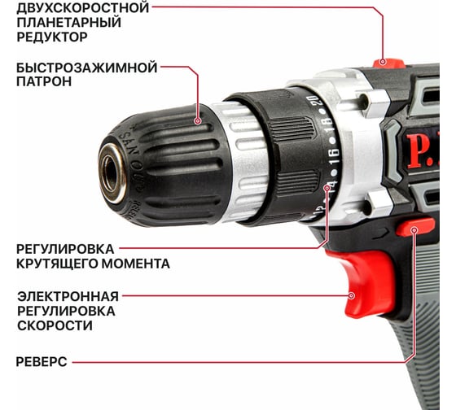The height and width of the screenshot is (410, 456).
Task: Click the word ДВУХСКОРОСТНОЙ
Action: coord(83,7)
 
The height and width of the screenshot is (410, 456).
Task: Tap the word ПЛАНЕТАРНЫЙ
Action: coord(68,23)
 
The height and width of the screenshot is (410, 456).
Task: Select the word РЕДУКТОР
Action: coord(52,37)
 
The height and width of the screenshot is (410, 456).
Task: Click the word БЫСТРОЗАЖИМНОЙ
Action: coord(86,68)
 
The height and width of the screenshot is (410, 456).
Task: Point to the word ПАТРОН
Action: coord(44,81)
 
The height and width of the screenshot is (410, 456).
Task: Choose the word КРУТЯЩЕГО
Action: coord(57,264)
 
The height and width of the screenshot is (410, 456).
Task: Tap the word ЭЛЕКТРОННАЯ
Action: coord(68,297)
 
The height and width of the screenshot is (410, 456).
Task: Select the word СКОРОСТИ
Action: coord(55,325)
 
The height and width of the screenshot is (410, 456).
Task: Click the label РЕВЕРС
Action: coord(42,362)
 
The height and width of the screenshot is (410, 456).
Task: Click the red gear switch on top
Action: coord(389,63)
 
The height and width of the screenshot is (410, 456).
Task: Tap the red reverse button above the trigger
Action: coord(415,227)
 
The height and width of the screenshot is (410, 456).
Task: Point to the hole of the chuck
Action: coord(111,173)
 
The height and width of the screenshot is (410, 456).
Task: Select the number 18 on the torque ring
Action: coord(327,125)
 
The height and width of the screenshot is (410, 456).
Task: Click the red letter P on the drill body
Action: coord(416,151)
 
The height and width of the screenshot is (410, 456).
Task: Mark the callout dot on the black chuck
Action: coord(198,120)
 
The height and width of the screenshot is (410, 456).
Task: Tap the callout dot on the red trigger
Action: coord(352,296)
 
